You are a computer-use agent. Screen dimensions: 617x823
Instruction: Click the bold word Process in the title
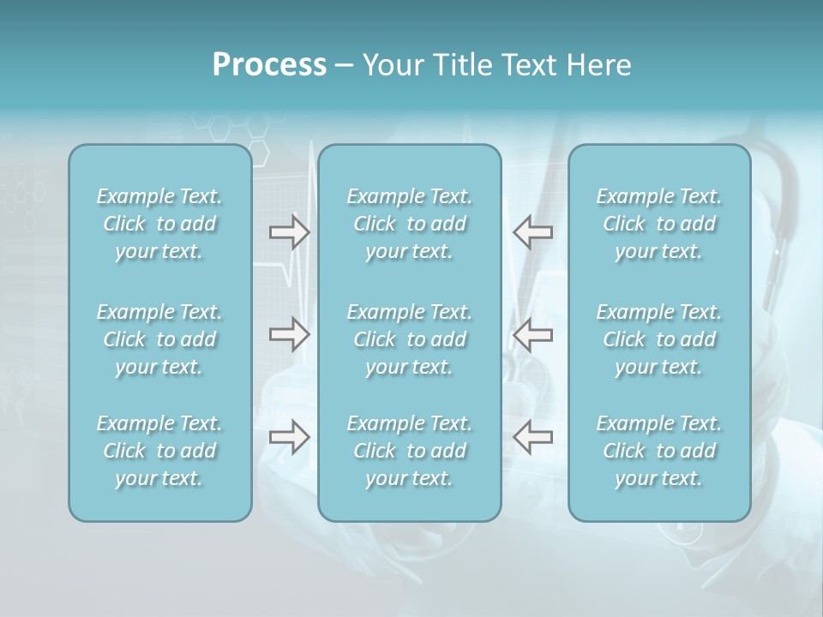269,65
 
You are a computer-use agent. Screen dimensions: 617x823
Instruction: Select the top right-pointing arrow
289,231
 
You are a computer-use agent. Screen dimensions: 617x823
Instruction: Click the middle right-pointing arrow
289,334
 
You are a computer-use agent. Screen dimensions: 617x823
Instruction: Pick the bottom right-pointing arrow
289,437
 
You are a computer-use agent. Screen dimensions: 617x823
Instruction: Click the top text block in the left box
159,224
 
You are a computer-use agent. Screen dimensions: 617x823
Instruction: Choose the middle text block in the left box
159,339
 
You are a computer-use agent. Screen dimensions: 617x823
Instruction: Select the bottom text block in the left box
159,451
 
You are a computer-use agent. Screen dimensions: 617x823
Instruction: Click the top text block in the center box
410,224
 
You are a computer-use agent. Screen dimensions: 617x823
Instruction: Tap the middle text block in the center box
410,339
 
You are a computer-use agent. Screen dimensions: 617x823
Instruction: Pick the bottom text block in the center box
410,451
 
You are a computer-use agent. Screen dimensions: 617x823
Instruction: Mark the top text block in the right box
659,224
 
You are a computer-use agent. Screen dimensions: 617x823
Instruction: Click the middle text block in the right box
659,339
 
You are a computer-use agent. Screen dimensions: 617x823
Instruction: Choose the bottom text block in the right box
659,451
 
